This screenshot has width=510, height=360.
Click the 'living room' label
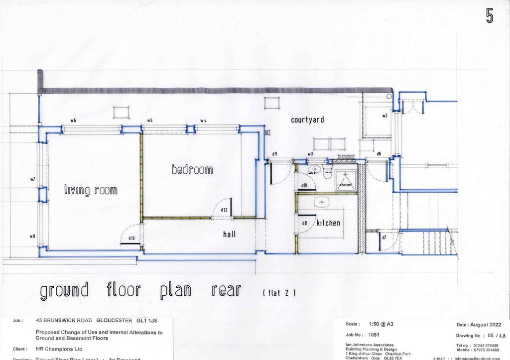tap(90, 190)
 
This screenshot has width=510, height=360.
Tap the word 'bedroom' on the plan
tap(192, 170)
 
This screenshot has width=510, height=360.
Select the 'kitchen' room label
tap(328, 223)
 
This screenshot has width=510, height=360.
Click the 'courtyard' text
tap(308, 120)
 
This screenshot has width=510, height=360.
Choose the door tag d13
tap(131, 239)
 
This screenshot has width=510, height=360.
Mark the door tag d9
tap(274, 154)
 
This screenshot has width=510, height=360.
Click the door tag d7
tap(384, 238)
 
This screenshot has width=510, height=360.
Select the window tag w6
tap(73, 120)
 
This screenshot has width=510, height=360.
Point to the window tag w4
tap(203, 120)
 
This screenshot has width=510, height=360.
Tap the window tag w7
tap(33, 179)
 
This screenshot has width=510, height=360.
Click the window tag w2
tap(384, 116)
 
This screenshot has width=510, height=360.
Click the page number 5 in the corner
tap(490, 16)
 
